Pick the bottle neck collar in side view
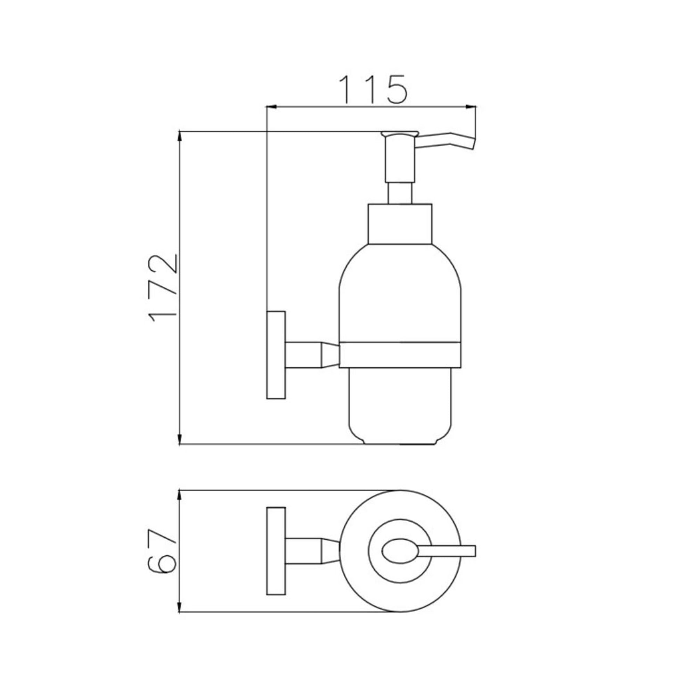[x=400, y=224]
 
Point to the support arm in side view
[x=311, y=355]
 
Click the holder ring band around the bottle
[x=400, y=354]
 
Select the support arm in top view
[x=311, y=551]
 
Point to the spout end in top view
[x=468, y=551]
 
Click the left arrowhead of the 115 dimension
[x=270, y=106]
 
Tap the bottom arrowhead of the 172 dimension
[x=180, y=440]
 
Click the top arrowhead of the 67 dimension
[x=180, y=495]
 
